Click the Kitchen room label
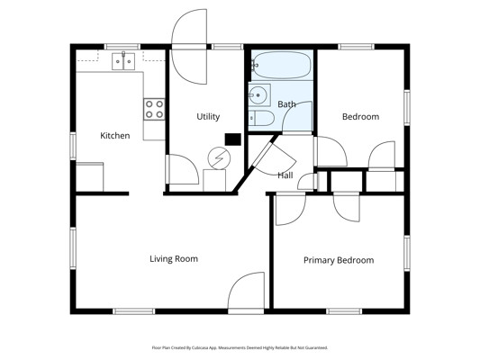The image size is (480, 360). click(115, 136)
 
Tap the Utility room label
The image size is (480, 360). click(208, 116)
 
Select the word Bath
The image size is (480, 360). click(287, 104)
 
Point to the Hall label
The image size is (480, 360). click(285, 175)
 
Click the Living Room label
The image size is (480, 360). click(174, 259)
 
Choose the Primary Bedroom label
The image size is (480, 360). click(339, 260)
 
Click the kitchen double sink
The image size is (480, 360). click(123, 61)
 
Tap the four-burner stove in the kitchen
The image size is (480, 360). click(154, 109)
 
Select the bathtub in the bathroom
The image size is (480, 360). click(282, 65)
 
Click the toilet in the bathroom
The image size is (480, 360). click(261, 118)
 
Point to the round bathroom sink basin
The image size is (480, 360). click(258, 94)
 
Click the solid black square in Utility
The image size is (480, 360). click(233, 139)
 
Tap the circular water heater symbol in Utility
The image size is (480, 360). click(219, 158)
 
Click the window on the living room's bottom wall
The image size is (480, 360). click(134, 311)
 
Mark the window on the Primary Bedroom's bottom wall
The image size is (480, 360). click(344, 311)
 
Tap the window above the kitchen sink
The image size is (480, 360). click(122, 47)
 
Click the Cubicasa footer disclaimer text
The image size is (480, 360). click(240, 347)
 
